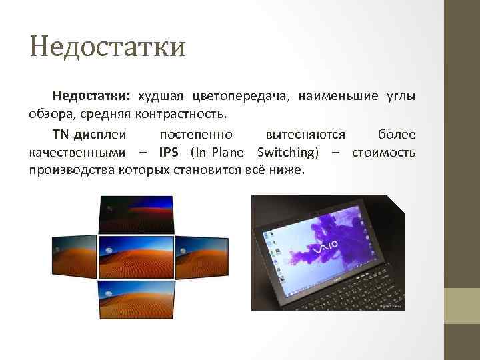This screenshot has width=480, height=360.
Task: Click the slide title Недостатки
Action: coord(107,47)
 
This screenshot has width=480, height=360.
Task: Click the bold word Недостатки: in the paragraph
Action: coord(92,97)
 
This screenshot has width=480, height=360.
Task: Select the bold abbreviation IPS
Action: coord(169,152)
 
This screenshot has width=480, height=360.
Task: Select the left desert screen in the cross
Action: coord(75,257)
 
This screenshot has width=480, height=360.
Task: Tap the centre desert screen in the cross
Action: coord(136,257)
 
